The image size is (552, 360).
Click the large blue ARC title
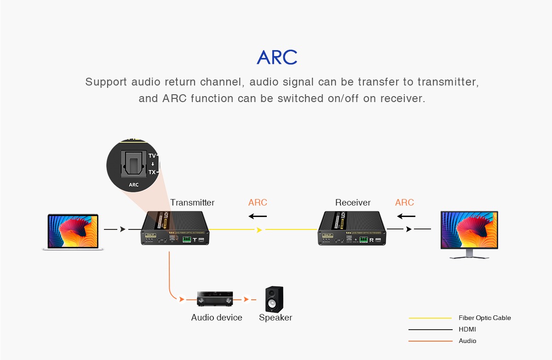(x=277, y=57)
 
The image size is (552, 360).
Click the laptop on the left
(x=73, y=232)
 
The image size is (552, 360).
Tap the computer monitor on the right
(x=469, y=234)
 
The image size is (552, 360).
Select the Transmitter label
(x=192, y=203)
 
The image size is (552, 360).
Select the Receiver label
(x=353, y=203)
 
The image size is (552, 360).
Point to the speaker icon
(x=274, y=299)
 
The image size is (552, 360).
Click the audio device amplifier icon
(x=215, y=299)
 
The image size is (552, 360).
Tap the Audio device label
(x=217, y=318)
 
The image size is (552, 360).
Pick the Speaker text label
(x=276, y=318)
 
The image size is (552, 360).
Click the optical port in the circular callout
(x=132, y=164)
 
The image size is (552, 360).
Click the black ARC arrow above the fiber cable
(x=258, y=216)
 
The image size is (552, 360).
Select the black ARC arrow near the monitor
(x=406, y=216)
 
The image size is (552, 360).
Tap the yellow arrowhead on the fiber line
(x=260, y=229)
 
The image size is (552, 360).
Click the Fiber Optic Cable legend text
(x=485, y=318)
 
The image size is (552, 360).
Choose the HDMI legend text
(x=467, y=329)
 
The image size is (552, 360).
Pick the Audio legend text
(x=467, y=341)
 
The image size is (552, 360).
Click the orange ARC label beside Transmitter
(x=258, y=203)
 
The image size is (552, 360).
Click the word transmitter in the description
(x=448, y=82)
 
